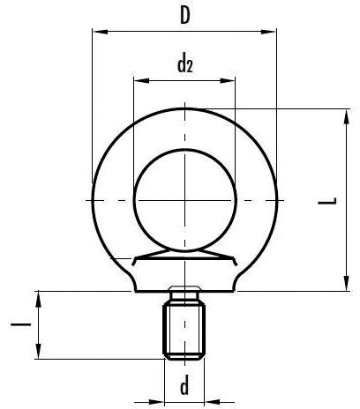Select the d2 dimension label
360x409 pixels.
(x=184, y=63)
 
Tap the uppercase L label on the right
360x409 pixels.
(x=327, y=202)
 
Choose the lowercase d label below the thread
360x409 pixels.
(x=184, y=386)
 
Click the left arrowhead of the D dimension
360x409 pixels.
(x=95, y=33)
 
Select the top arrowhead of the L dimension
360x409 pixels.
(x=343, y=111)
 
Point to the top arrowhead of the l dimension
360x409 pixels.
(x=39, y=294)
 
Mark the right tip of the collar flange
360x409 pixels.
(x=238, y=262)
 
